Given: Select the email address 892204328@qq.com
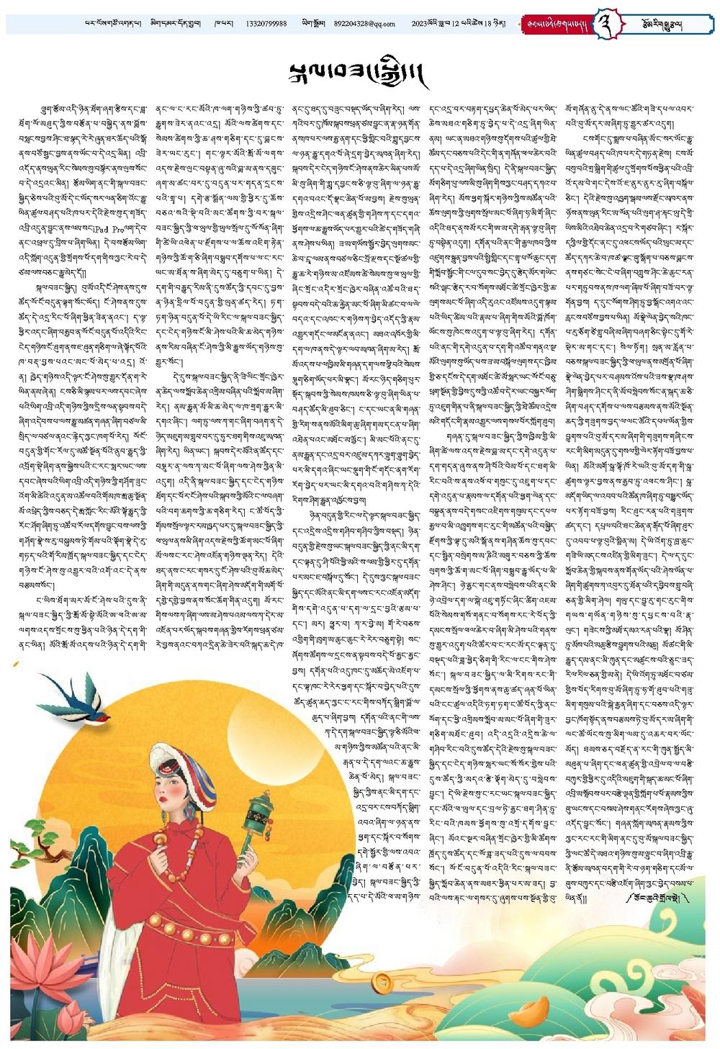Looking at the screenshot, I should tap(364, 24).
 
